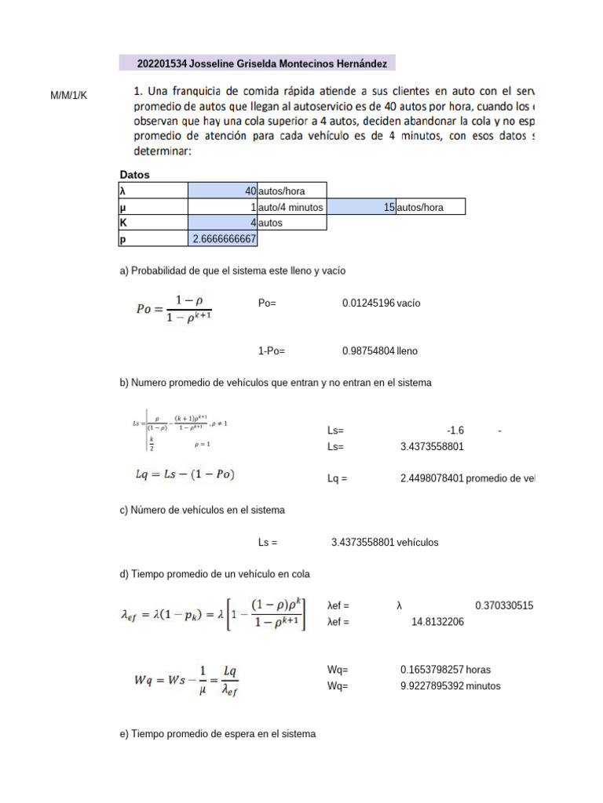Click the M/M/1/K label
(69, 96)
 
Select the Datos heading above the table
(135, 174)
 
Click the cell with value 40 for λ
(250, 191)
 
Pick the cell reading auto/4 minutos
(291, 207)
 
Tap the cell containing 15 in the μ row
(389, 207)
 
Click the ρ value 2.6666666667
(224, 238)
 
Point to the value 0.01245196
(368, 303)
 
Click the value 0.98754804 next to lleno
(368, 351)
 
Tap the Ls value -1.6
(455, 431)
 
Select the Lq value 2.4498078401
(432, 478)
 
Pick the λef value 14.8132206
(437, 622)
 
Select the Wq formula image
(187, 679)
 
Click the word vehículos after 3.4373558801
(418, 542)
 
